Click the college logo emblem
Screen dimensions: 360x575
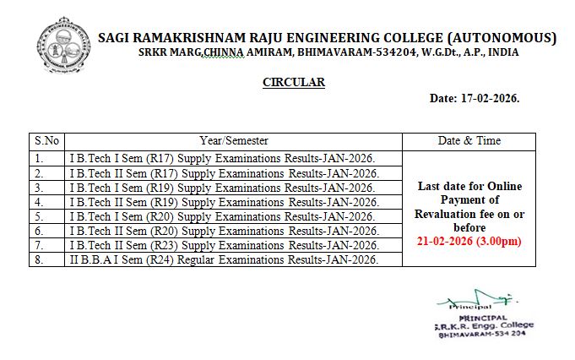point(62,48)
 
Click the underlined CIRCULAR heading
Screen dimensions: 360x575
point(294,82)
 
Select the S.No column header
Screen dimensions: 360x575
point(46,141)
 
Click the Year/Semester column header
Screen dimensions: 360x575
point(233,141)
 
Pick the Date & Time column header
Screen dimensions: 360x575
point(469,141)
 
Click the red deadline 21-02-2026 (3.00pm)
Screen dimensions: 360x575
point(469,242)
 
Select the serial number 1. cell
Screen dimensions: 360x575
point(39,158)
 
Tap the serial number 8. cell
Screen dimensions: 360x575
point(39,259)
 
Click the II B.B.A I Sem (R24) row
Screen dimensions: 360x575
point(223,259)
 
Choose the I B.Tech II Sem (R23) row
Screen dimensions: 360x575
point(223,245)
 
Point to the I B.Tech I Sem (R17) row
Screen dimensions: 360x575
point(221,158)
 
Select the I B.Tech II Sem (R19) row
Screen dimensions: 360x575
point(223,202)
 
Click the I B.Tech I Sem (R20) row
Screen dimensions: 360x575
point(221,216)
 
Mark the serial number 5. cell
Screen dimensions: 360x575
point(39,216)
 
